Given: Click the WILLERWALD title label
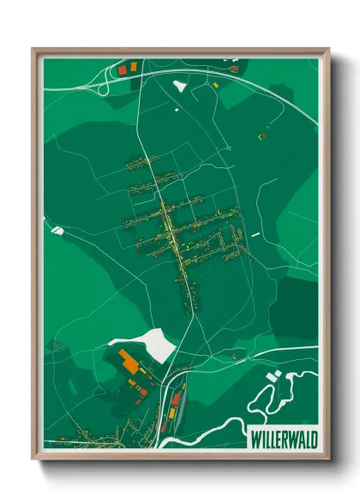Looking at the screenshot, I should tap(283, 440).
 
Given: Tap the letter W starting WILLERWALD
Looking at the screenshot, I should tap(255, 440).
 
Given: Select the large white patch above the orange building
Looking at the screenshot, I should tap(153, 342).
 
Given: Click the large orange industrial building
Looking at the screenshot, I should tap(129, 363).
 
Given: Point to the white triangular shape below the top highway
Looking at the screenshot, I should tap(180, 86).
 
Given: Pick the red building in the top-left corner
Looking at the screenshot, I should tap(122, 68).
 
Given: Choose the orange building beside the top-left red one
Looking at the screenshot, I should tap(132, 64).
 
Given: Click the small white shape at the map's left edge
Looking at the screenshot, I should tap(57, 229).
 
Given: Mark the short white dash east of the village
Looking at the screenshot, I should tap(255, 232).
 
